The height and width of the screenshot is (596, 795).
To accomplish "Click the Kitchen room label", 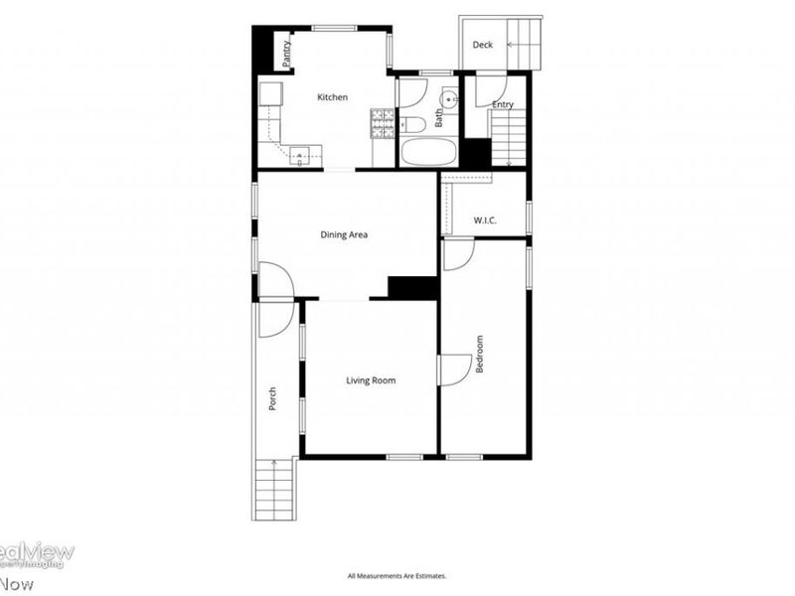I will [x=332, y=97].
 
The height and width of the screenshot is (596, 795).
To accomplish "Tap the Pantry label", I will [x=286, y=53].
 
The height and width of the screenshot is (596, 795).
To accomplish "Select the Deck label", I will [x=483, y=45].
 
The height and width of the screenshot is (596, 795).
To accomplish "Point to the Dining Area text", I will [x=344, y=235].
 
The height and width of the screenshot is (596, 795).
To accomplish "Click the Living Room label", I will [x=371, y=380].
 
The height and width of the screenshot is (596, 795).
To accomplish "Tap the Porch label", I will [x=271, y=398].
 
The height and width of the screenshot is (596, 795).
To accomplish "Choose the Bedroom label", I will [x=479, y=354].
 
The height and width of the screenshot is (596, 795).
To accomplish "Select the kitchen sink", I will [x=302, y=153].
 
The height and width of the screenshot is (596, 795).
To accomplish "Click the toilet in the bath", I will [x=411, y=124].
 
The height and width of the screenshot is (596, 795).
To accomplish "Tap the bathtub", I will [x=427, y=153].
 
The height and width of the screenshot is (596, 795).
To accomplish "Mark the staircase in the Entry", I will [x=508, y=138].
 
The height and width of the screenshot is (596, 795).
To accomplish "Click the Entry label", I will [x=503, y=105].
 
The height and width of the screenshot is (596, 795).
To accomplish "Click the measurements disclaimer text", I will [x=397, y=576].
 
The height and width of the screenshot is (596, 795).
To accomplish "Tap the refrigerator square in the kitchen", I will [x=270, y=94].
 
